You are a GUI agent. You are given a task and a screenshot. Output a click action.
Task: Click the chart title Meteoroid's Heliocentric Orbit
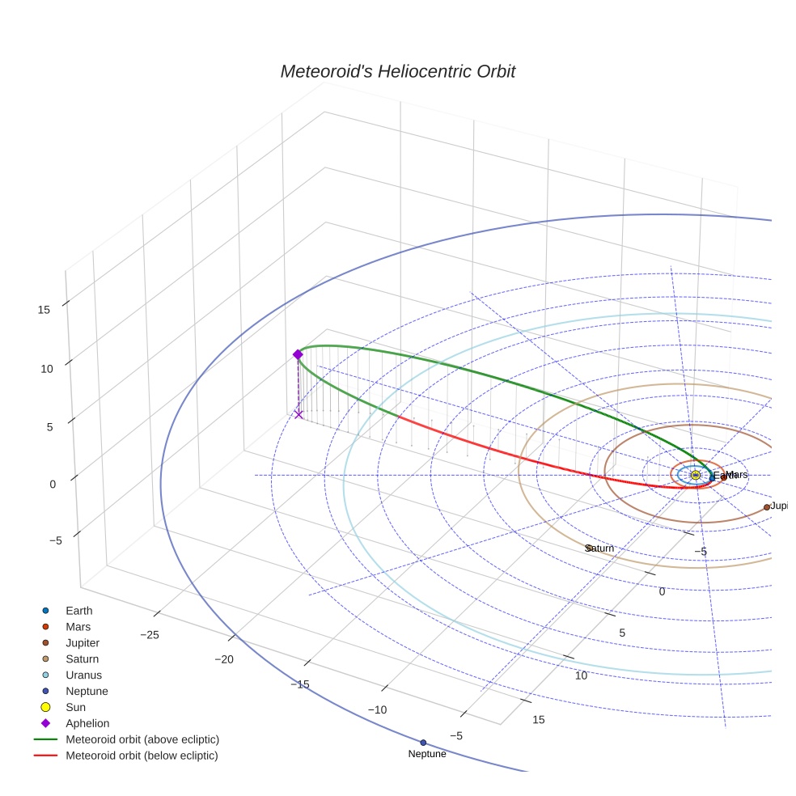[x=397, y=72]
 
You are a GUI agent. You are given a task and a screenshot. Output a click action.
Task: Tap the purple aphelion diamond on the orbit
[x=298, y=354]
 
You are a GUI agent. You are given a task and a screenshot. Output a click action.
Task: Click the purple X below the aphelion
[x=298, y=414]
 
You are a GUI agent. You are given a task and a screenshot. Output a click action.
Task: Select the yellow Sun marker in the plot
[x=696, y=475]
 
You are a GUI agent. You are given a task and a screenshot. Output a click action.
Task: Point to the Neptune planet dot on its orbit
[x=423, y=742]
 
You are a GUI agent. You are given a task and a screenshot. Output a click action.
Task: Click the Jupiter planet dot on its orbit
[x=767, y=507]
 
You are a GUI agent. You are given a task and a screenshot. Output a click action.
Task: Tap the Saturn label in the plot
[x=600, y=548]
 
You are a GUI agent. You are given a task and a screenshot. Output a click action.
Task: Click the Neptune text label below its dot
[x=427, y=754]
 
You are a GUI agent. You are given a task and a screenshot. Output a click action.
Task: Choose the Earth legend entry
[x=78, y=611]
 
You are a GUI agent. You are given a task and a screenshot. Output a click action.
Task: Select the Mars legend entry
[x=78, y=627]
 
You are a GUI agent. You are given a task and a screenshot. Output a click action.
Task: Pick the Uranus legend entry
[x=83, y=675]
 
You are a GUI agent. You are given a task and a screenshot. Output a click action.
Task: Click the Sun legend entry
[x=75, y=707]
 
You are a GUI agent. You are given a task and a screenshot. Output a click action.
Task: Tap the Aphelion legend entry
[x=87, y=723]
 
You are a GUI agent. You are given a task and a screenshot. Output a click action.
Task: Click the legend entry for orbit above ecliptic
[x=142, y=739]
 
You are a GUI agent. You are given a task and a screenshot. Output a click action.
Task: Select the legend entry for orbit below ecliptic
[x=142, y=756]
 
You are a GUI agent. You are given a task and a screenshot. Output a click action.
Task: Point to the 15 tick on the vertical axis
[x=44, y=309]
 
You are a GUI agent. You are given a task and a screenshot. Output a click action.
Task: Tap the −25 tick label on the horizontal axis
[x=149, y=635]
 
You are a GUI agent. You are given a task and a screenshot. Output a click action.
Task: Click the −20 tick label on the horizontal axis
[x=224, y=660]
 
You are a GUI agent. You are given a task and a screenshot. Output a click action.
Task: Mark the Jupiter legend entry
[x=83, y=643]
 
